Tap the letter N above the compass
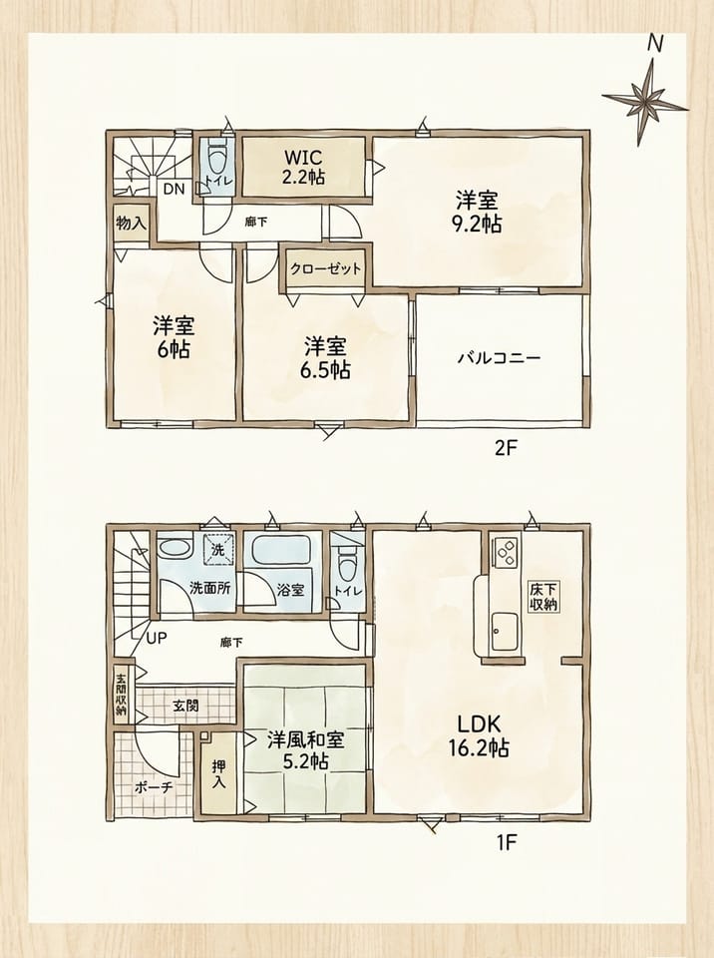[x=655, y=43]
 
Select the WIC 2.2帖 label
[x=303, y=167]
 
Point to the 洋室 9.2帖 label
[x=477, y=212]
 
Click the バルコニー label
[x=499, y=357]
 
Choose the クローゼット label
[x=325, y=268]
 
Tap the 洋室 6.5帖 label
[x=325, y=358]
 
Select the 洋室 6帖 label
[x=174, y=337]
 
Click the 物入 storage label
[x=131, y=223]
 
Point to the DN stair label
[x=174, y=190]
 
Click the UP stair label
[x=157, y=639]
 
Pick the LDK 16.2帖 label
[x=480, y=735]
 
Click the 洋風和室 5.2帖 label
[x=305, y=749]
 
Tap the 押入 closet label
[x=218, y=774]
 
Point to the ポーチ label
[x=154, y=787]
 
